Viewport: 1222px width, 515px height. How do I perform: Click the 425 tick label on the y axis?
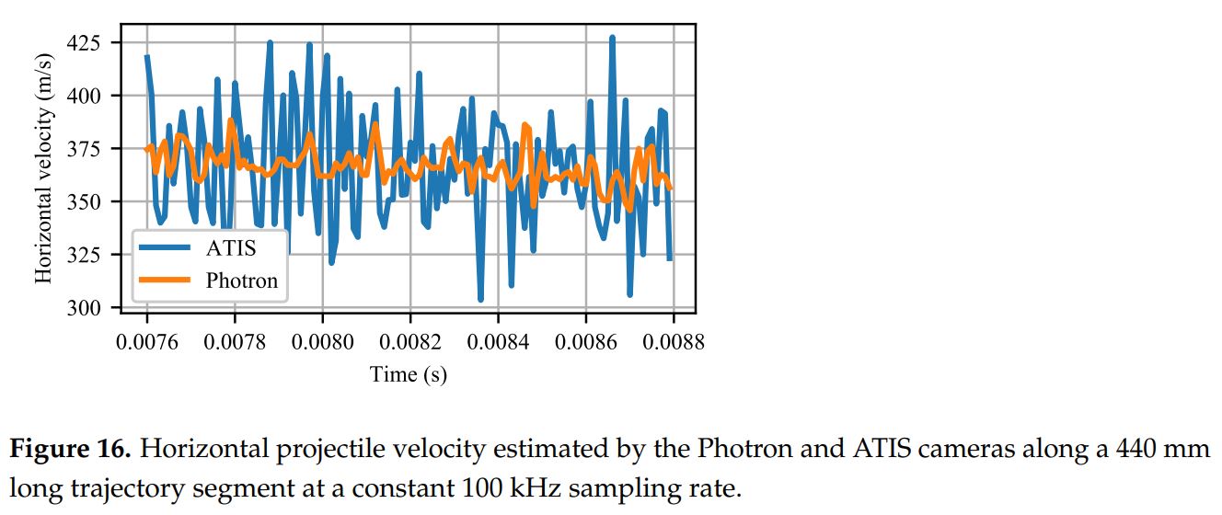click(x=86, y=43)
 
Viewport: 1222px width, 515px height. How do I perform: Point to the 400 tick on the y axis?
click(x=86, y=96)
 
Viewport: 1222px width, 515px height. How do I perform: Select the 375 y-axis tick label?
click(x=86, y=149)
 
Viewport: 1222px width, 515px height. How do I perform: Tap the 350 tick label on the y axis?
click(x=86, y=201)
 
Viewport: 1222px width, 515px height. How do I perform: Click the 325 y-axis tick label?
click(x=86, y=255)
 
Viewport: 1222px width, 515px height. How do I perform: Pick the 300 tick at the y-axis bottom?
click(x=86, y=307)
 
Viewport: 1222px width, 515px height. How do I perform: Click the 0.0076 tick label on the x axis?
click(x=147, y=342)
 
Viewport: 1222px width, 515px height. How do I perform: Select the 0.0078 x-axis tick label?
click(x=235, y=342)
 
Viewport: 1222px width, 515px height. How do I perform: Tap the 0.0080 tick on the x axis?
click(x=322, y=342)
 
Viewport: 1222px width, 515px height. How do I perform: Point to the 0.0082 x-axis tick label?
click(x=410, y=342)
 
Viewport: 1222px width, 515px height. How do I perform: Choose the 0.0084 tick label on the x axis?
click(x=498, y=342)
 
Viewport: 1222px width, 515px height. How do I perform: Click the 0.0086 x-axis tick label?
click(x=586, y=342)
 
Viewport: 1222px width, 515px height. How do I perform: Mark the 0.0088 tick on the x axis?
click(x=674, y=342)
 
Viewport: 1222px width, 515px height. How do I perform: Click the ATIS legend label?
click(x=231, y=248)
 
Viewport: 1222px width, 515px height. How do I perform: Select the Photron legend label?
click(x=241, y=280)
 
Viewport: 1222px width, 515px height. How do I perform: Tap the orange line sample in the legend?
click(x=165, y=280)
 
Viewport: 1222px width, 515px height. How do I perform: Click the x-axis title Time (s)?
click(x=409, y=374)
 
